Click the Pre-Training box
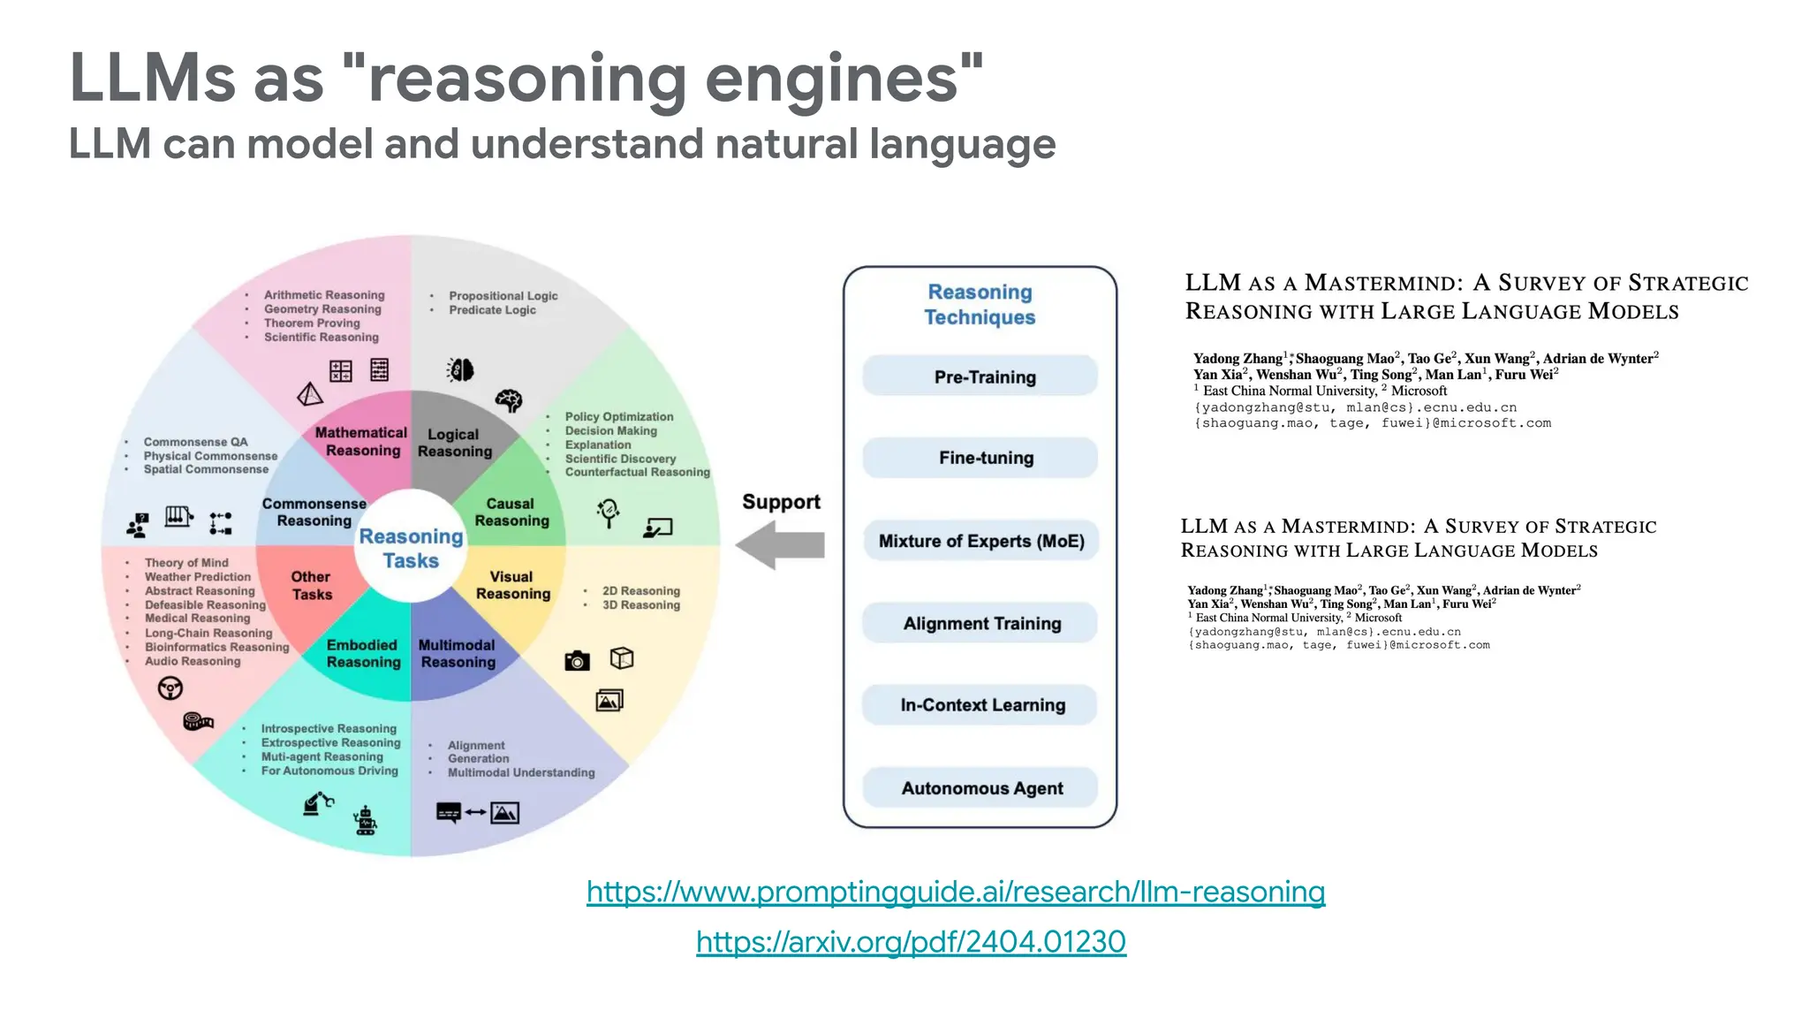pos(980,376)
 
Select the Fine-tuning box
pos(980,458)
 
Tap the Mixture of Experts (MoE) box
pos(980,541)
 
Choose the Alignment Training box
pos(980,623)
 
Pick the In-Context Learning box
pos(980,705)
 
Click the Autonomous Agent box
pos(980,787)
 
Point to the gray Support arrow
pos(781,544)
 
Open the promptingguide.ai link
pos(956,892)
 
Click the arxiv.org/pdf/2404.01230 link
pos(911,942)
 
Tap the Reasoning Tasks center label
pos(411,549)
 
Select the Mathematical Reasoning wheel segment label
pos(361,442)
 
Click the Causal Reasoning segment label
pos(511,513)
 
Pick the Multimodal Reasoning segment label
pos(458,654)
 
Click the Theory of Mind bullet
pos(186,563)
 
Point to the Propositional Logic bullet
pos(503,296)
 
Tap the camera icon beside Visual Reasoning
pos(577,660)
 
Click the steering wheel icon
pos(170,688)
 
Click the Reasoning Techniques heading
pos(980,304)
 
